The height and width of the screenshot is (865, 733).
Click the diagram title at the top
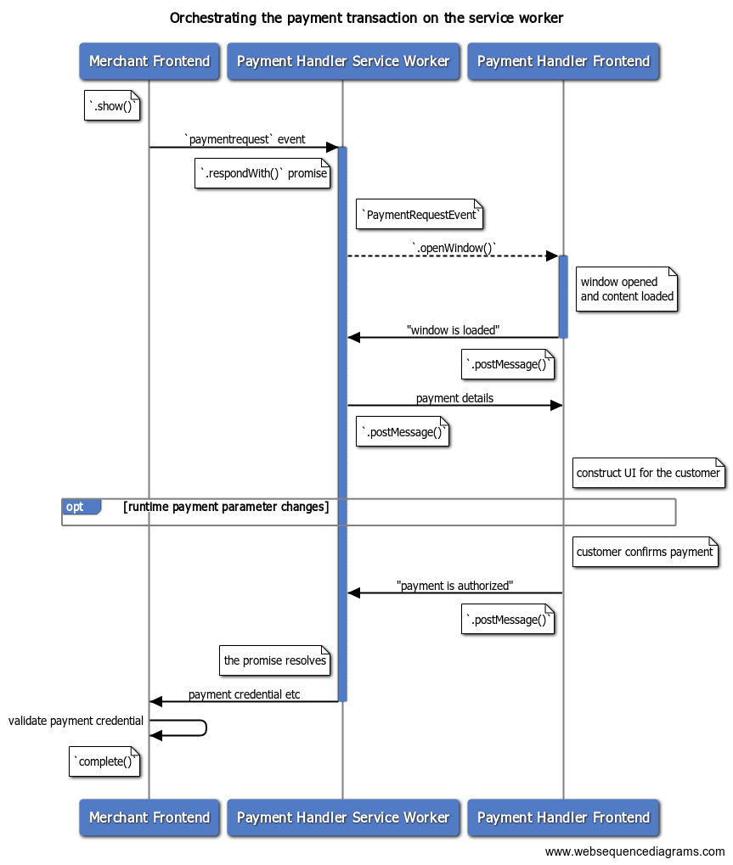coord(366,18)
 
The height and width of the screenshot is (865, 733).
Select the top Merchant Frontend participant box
coord(149,61)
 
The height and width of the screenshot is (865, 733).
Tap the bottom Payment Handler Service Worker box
coord(343,817)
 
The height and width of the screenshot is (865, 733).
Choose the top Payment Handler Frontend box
coord(563,61)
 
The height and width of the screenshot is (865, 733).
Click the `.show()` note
coord(112,106)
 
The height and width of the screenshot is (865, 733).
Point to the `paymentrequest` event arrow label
coord(245,139)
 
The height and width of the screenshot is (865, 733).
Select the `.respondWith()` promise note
coord(262,174)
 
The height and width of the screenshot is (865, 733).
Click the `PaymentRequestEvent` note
coord(420,215)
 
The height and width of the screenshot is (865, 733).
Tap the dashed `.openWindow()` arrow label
coord(454,248)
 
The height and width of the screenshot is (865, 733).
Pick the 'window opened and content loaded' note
coord(627,289)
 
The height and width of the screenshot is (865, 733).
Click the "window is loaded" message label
coord(453,329)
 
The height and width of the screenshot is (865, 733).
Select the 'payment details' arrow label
coord(454,397)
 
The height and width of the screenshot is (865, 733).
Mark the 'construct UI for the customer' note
coord(648,473)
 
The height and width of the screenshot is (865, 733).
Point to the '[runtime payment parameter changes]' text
coord(226,507)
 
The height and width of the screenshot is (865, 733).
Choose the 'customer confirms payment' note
coord(645,552)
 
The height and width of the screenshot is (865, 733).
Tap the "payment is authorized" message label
coord(454,586)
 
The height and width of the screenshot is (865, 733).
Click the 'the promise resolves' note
coord(274,660)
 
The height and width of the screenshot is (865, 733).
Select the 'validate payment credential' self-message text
coord(76,721)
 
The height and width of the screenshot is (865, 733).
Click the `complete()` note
coord(104,761)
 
